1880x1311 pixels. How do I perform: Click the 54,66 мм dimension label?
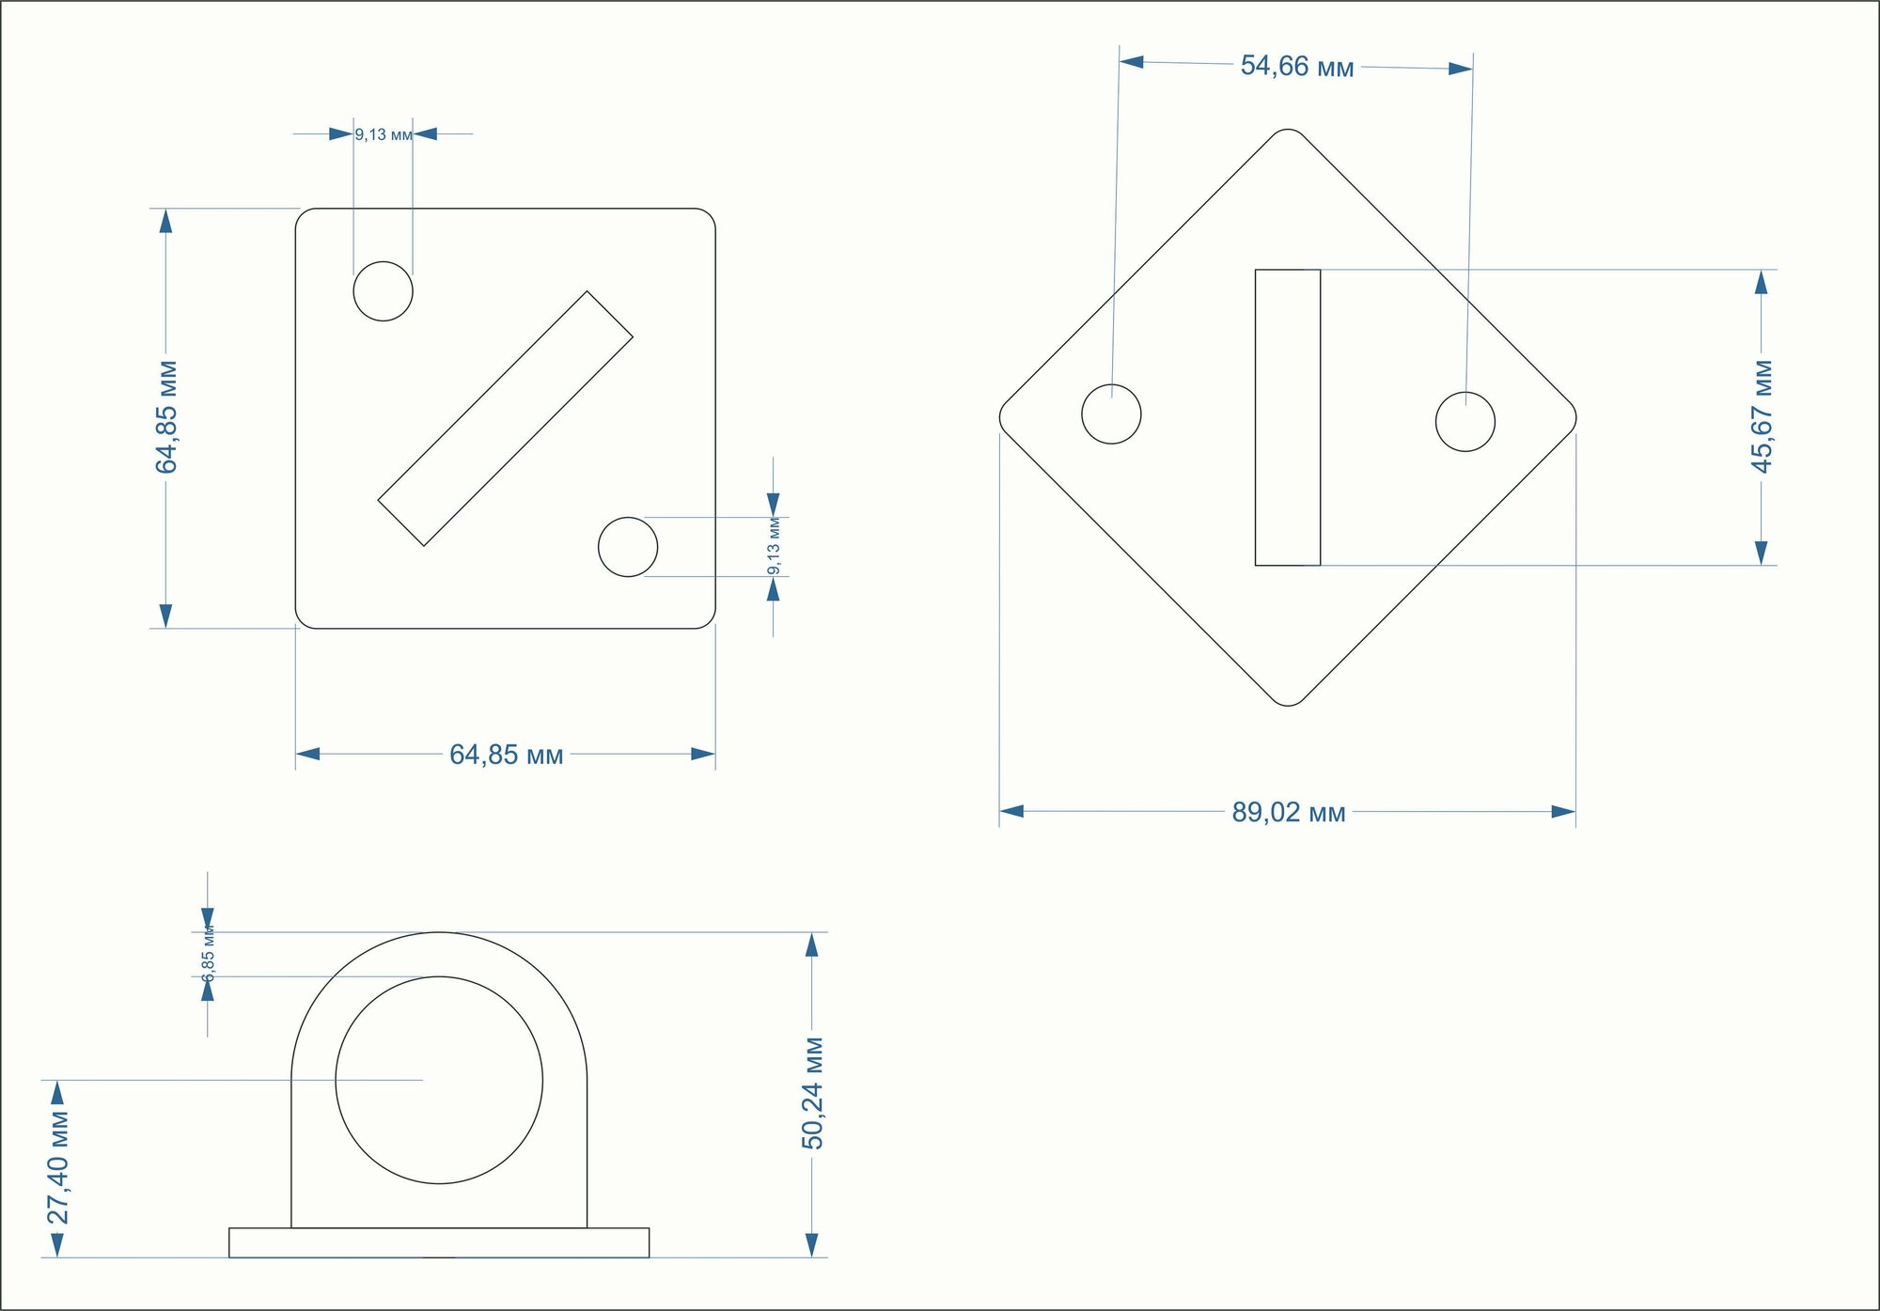1297,66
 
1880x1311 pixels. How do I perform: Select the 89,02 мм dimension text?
1289,812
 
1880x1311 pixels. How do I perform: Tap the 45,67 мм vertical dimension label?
1762,416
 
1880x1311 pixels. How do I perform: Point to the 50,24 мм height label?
812,1093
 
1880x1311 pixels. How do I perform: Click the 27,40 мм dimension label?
57,1168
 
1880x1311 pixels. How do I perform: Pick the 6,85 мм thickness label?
209,954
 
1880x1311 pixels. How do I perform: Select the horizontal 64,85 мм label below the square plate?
507,755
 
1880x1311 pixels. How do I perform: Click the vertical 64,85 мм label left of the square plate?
166,416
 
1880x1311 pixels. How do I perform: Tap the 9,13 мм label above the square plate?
384,134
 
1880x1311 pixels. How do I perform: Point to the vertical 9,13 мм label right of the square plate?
774,546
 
